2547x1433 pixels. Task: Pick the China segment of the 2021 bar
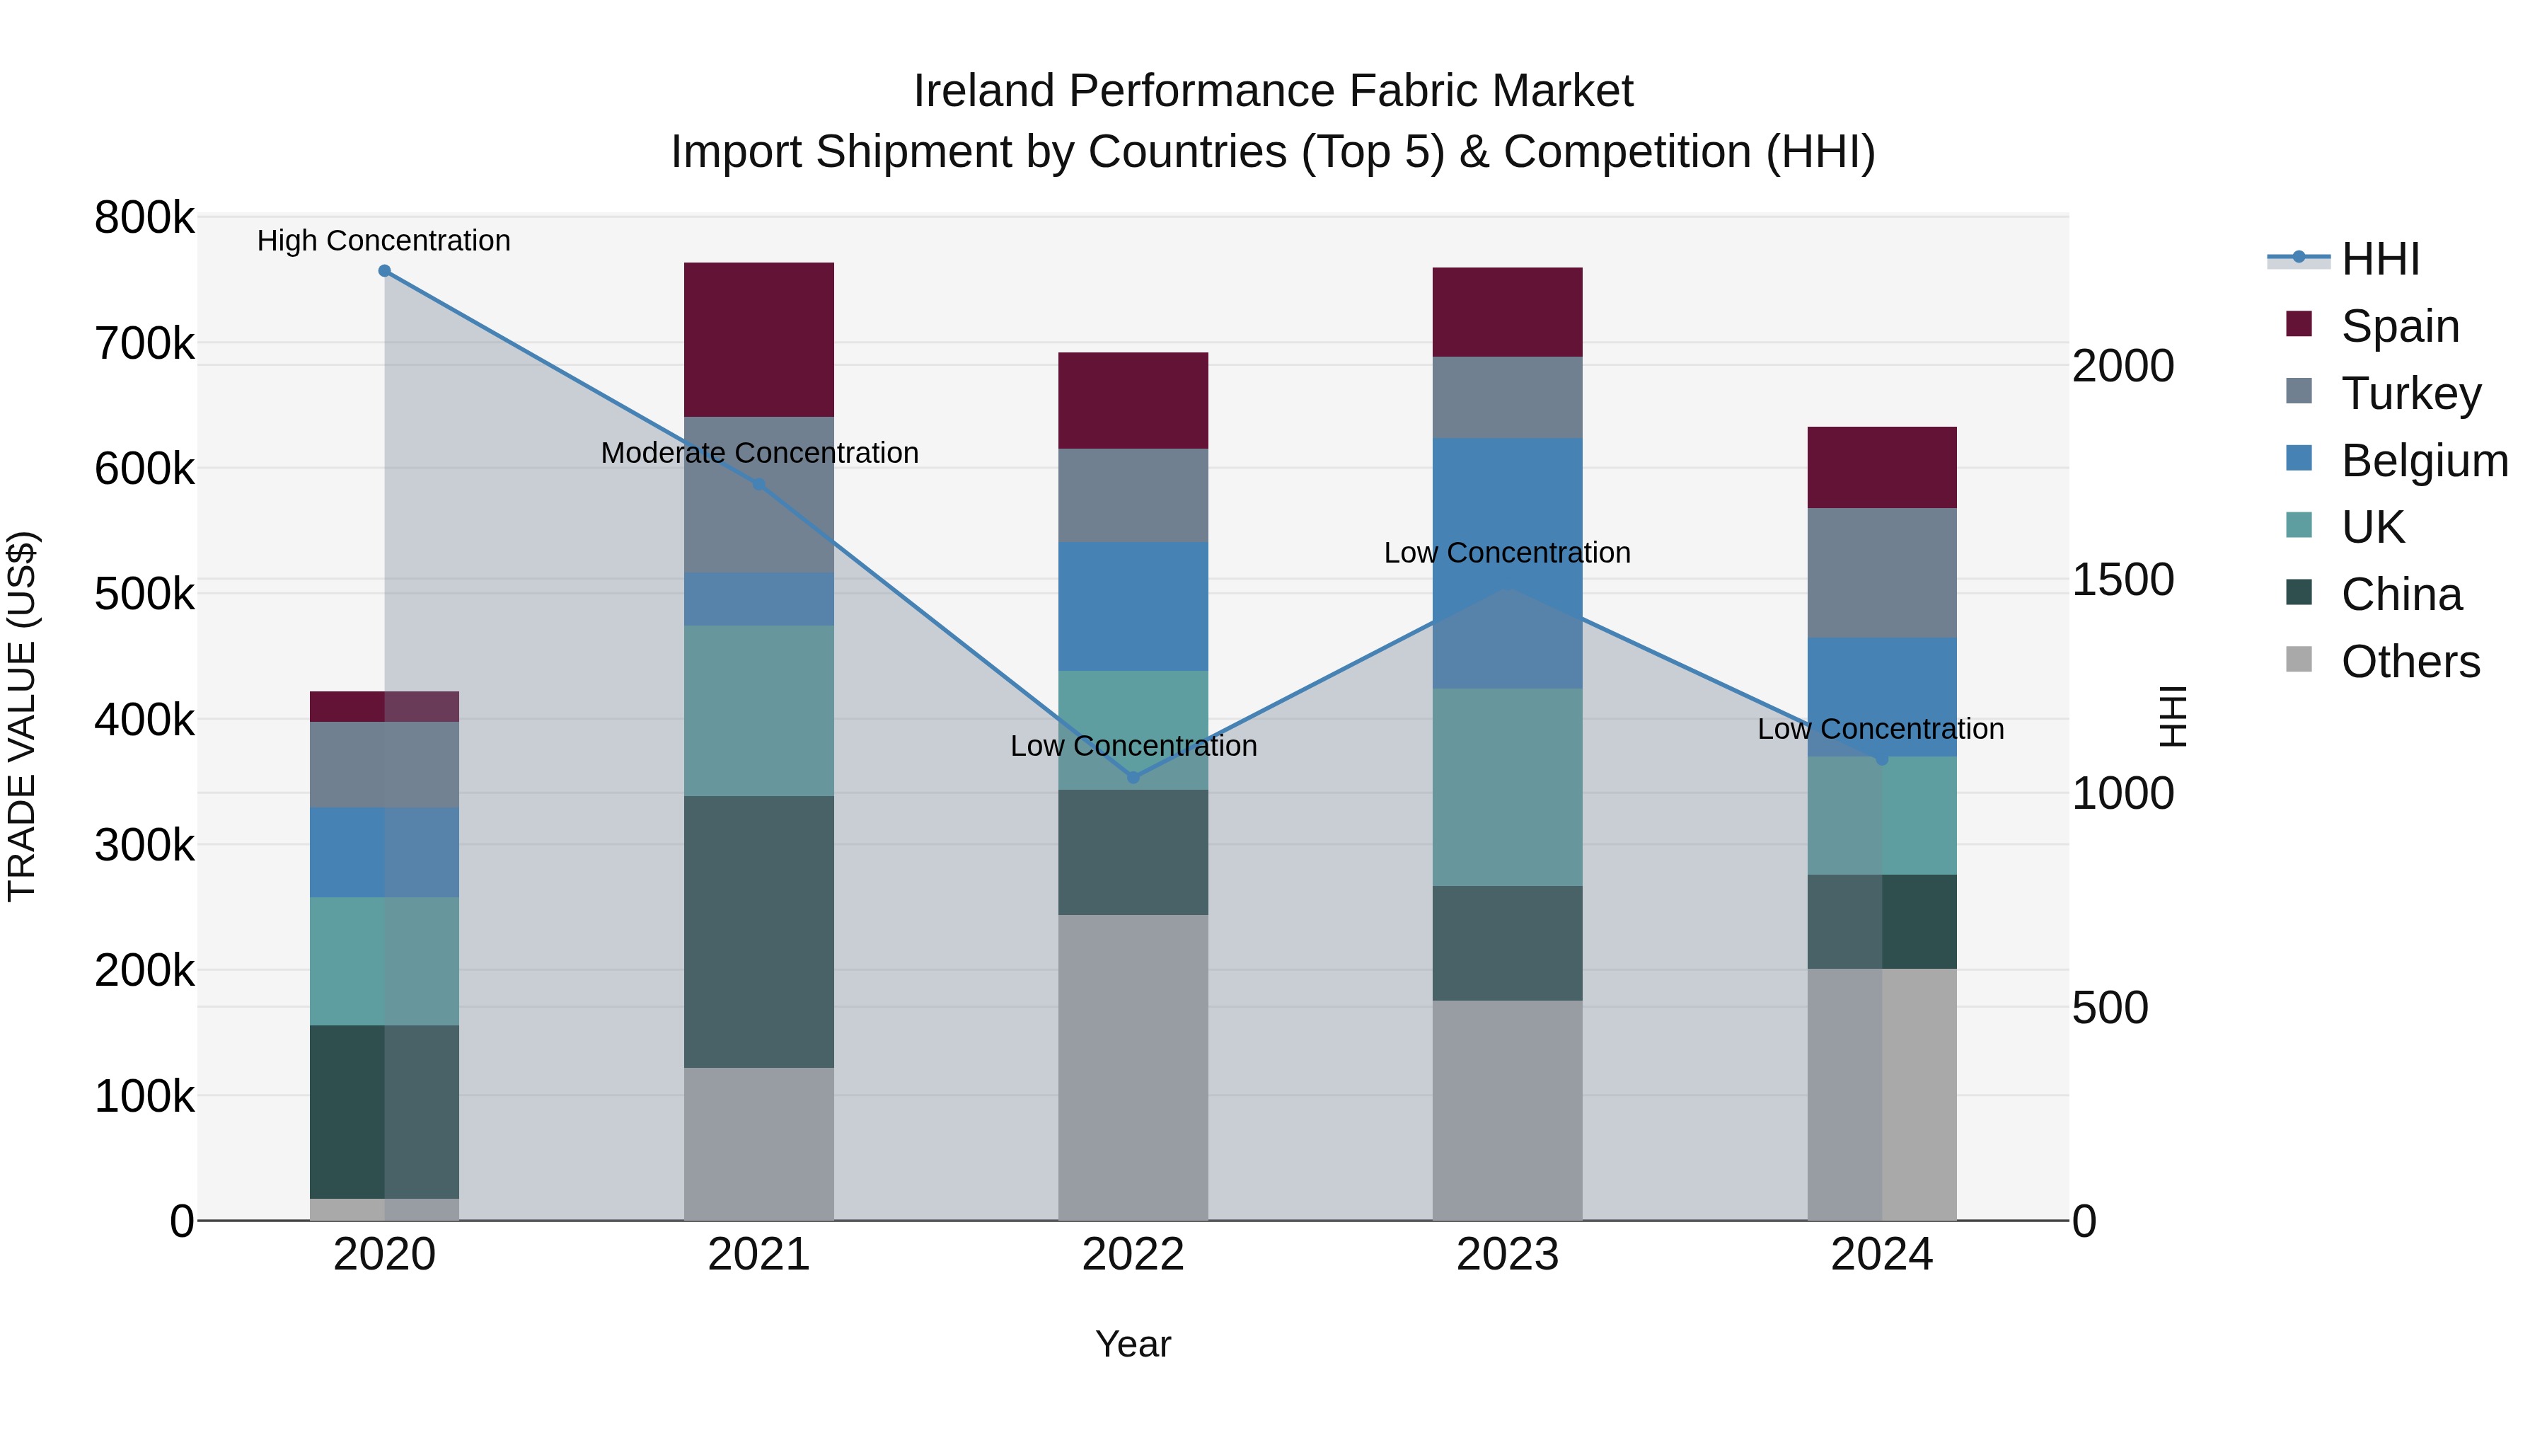click(758, 931)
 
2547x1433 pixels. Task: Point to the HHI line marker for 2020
click(385, 271)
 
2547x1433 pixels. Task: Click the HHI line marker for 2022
click(1133, 777)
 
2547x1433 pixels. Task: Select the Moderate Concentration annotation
click(759, 453)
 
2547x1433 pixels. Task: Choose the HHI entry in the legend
click(2380, 259)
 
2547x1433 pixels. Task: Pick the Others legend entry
click(2410, 662)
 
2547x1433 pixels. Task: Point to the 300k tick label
click(144, 846)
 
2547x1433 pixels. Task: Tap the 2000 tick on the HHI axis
click(2122, 367)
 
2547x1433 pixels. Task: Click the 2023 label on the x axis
click(1507, 1255)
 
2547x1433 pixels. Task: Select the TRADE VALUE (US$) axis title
click(23, 716)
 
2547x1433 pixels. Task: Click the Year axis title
click(1133, 1344)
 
